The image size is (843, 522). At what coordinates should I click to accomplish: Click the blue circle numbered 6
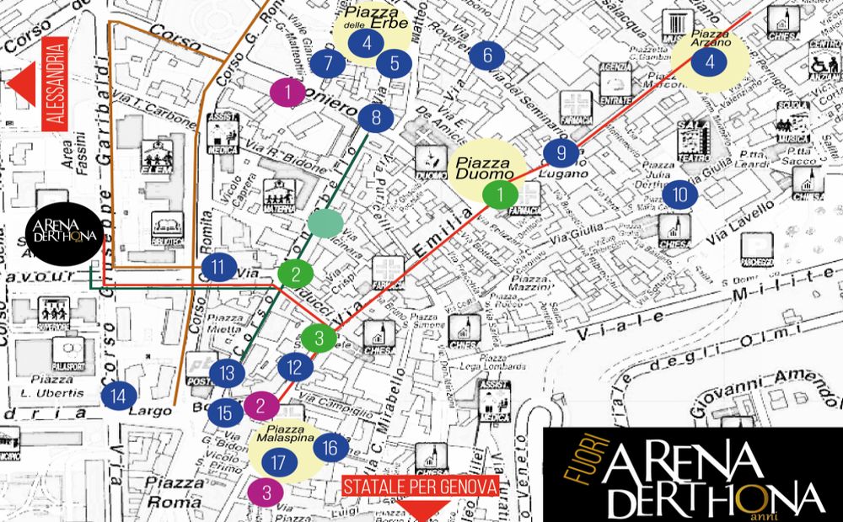[487, 56]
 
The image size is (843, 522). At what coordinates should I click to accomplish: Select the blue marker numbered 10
[680, 195]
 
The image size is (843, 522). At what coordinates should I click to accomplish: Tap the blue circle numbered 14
[119, 395]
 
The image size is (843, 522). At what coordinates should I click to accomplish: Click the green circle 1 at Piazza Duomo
[502, 194]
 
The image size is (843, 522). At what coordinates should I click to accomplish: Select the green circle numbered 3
[319, 338]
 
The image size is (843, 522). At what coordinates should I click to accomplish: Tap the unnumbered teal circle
[325, 223]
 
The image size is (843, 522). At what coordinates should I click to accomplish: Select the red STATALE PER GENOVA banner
[421, 487]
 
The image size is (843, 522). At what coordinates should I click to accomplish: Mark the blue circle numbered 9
[561, 153]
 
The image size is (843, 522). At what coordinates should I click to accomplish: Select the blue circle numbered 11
[219, 269]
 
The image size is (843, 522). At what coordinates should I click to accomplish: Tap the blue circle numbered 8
[376, 118]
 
